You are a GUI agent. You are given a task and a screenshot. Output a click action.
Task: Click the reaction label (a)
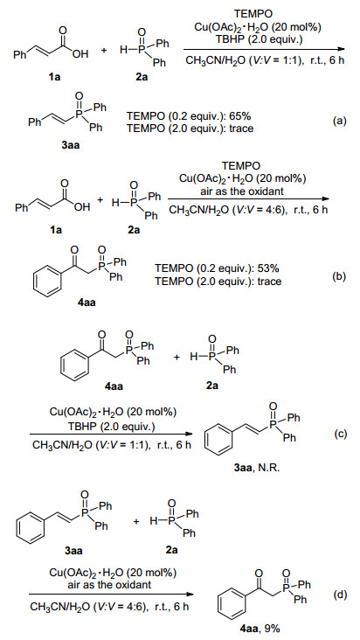point(339,121)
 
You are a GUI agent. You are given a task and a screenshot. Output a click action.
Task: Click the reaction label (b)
point(339,276)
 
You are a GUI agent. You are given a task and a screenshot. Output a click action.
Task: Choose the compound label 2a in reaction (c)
point(212,386)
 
